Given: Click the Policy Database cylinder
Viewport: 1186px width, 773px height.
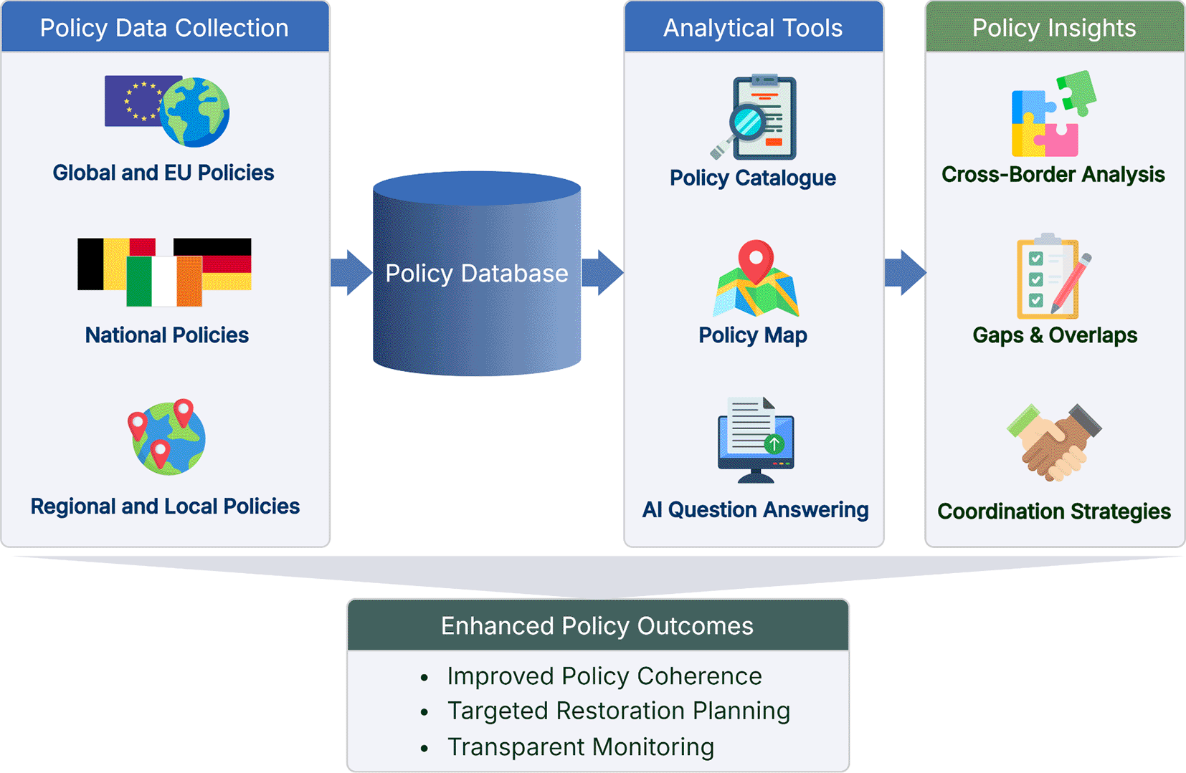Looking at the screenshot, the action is coord(477,273).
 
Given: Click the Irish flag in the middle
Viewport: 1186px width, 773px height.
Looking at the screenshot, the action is coord(164,282).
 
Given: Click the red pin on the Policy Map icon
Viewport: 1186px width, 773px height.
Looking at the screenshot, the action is coord(756,261).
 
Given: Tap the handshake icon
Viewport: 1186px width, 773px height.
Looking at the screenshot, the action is coord(1053,443).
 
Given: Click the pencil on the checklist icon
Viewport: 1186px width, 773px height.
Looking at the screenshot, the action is coord(1071,284).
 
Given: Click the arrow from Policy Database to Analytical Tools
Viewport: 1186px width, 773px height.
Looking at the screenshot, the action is coord(602,272).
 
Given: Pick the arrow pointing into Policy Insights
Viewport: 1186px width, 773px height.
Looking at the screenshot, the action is coord(906,272).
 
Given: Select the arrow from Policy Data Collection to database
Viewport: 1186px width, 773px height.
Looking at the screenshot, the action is coord(351,272).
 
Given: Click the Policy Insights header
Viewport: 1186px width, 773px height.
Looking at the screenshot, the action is coord(1054,27).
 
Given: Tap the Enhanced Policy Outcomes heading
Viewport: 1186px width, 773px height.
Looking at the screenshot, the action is coord(597,626).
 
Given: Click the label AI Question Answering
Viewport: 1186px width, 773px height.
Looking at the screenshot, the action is coord(756,509).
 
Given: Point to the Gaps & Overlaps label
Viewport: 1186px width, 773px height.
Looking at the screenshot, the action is coord(1055,335).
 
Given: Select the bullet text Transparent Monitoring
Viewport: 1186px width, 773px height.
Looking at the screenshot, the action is coord(581,747).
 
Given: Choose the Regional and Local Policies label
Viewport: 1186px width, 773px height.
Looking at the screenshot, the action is coord(165,506).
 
